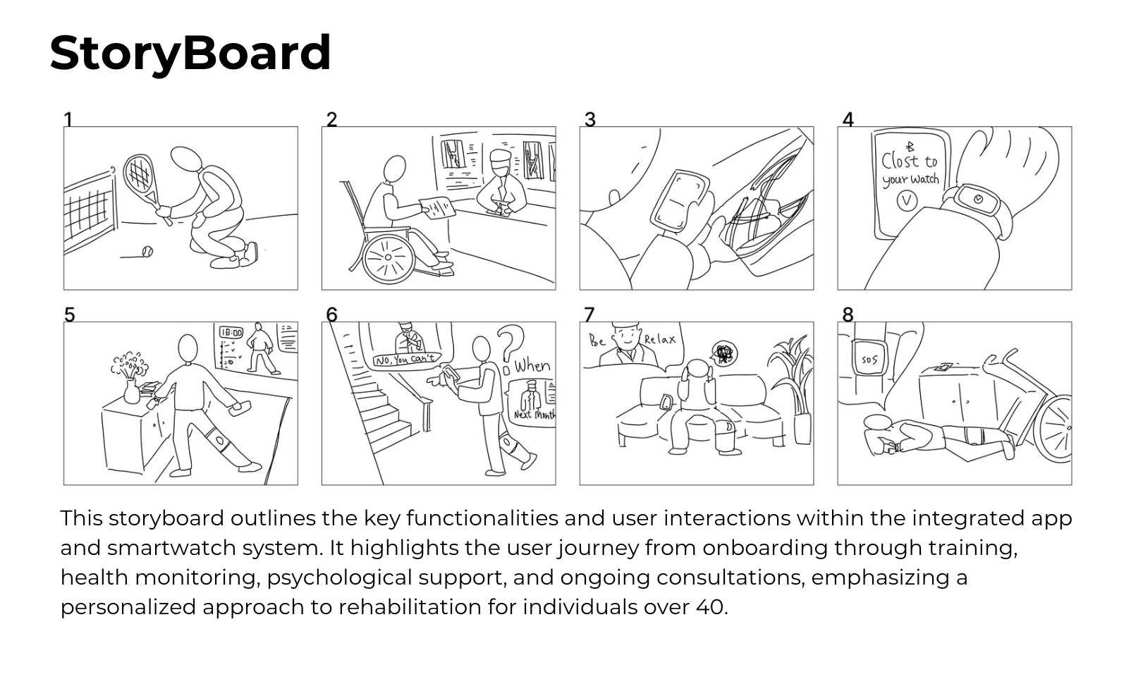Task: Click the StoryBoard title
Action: pyautogui.click(x=190, y=53)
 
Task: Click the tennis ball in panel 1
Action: pyautogui.click(x=147, y=251)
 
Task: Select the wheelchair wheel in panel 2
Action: pyautogui.click(x=387, y=258)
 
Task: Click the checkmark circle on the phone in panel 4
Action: pyautogui.click(x=906, y=202)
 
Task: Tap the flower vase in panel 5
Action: pyautogui.click(x=132, y=390)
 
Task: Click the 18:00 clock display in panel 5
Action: pyautogui.click(x=231, y=332)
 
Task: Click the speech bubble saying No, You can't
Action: pyautogui.click(x=406, y=360)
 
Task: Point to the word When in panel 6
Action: pyautogui.click(x=532, y=366)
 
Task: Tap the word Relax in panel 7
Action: pyautogui.click(x=659, y=340)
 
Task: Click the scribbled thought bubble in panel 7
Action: pyautogui.click(x=723, y=353)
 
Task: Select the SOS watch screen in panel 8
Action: pyautogui.click(x=869, y=360)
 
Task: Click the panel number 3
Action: pyautogui.click(x=590, y=120)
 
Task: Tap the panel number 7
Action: pyautogui.click(x=589, y=314)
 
